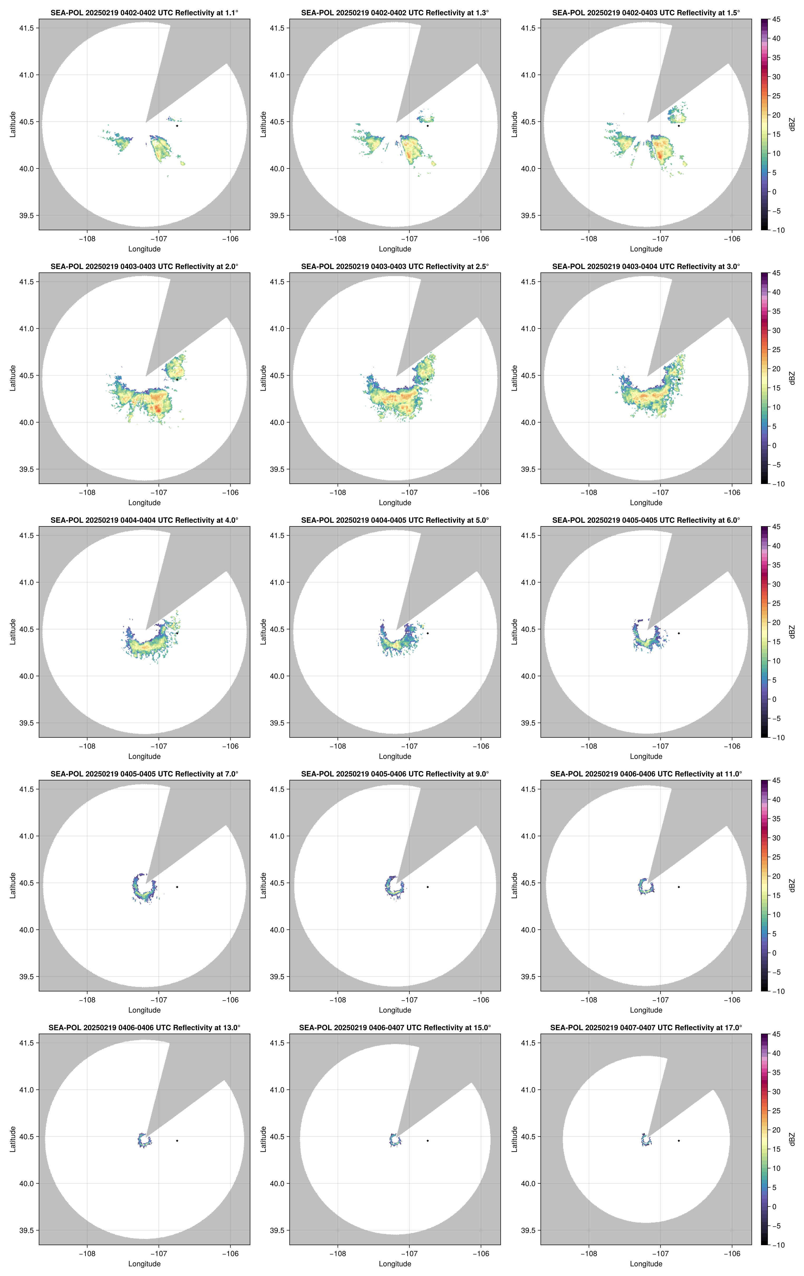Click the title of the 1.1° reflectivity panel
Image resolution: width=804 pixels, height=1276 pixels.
point(144,13)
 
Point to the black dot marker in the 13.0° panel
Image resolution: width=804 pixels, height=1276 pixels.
point(177,1140)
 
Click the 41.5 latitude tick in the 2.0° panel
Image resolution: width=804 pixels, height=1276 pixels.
point(26,282)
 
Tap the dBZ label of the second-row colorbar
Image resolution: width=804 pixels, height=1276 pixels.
point(792,378)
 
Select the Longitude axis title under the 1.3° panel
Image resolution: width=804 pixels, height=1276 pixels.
point(395,249)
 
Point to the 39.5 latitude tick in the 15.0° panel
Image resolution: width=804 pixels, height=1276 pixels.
point(277,1230)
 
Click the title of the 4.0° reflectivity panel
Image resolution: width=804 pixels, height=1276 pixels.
point(144,520)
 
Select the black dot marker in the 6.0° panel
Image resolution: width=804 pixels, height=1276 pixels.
point(678,633)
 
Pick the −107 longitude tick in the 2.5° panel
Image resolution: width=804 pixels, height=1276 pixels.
point(409,492)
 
